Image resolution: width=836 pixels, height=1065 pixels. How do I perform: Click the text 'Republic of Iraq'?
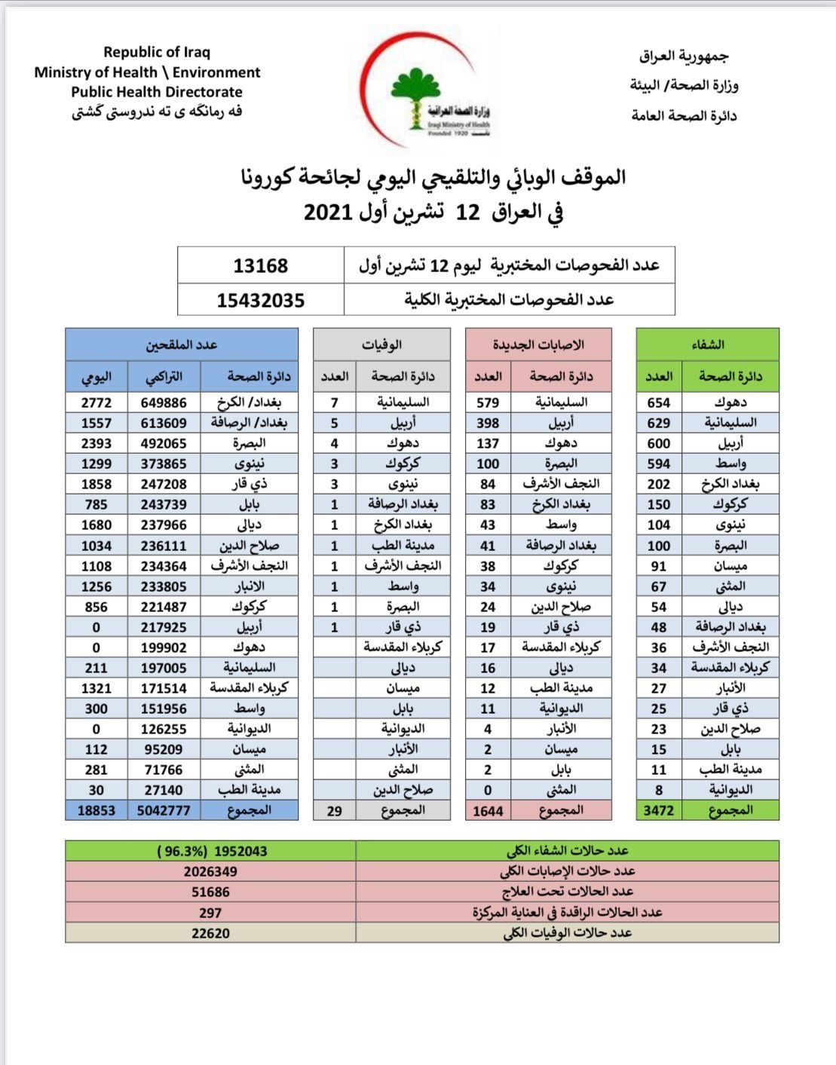tap(157, 52)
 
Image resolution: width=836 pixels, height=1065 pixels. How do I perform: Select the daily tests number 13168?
tap(260, 265)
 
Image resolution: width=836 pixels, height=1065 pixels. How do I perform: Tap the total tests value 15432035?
tap(260, 300)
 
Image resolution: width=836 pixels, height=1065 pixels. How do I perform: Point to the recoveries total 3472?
tap(658, 810)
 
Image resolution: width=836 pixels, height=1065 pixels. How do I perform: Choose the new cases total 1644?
tap(488, 811)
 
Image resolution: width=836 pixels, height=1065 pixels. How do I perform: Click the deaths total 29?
tap(334, 811)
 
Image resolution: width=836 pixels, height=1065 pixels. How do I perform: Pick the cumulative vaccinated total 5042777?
tap(164, 810)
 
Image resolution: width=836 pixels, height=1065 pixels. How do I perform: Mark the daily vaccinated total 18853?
tap(96, 810)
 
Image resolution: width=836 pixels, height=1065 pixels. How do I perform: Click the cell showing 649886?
tap(164, 402)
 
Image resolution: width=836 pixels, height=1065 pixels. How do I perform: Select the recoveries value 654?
tap(658, 402)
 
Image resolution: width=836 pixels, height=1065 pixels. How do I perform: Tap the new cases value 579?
tap(488, 402)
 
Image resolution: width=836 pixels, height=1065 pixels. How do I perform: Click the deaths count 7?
tap(334, 402)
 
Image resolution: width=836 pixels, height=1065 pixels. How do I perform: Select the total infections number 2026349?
tap(210, 871)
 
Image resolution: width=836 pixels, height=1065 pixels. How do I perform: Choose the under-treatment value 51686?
tap(210, 892)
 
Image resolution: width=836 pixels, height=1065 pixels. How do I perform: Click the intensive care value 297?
tap(210, 913)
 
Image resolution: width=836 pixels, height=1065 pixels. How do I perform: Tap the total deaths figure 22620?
tap(210, 933)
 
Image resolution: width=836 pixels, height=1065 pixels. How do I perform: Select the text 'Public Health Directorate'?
tap(157, 92)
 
